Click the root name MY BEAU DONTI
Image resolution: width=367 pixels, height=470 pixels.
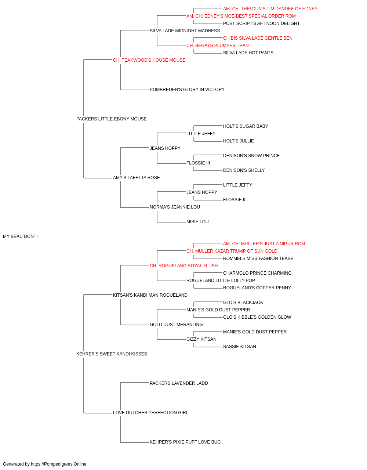[20, 236]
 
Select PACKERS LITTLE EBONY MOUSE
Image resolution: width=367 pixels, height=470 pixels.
[111, 119]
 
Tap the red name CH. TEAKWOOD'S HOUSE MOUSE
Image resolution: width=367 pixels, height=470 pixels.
[149, 60]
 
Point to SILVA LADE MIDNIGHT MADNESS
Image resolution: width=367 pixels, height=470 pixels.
[185, 31]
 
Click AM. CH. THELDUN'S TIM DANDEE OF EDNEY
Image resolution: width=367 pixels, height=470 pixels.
[270, 9]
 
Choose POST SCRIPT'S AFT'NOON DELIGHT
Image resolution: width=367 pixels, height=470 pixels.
[261, 23]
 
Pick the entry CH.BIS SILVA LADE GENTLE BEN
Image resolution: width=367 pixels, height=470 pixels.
[258, 38]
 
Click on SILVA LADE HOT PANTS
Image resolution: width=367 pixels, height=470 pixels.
[248, 53]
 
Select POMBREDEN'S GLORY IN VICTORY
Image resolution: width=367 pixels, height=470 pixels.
[187, 90]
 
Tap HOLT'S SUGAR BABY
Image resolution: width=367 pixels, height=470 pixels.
[246, 126]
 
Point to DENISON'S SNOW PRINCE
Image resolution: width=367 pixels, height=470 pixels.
[251, 156]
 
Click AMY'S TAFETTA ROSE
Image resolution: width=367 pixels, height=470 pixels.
[137, 178]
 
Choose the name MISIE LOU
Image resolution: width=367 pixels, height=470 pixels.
[197, 222]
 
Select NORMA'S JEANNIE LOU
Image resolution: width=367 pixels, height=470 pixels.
[175, 207]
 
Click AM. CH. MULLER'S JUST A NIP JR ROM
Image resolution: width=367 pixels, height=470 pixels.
[264, 244]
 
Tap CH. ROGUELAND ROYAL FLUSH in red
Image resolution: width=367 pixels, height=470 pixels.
[184, 266]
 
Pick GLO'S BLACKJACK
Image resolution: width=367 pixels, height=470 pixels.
[243, 303]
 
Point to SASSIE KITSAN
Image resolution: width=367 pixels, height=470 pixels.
[240, 347]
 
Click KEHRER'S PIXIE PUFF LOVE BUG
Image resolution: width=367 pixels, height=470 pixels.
[185, 442]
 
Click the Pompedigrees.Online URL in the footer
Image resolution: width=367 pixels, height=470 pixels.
[59, 464]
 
